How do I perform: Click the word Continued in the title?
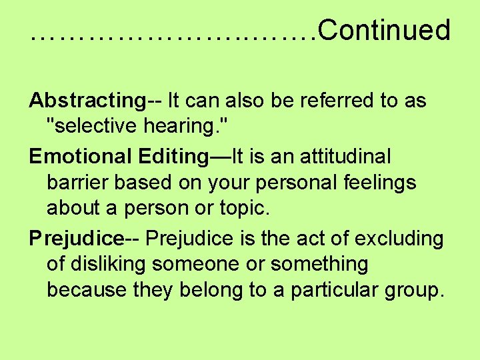coord(385,31)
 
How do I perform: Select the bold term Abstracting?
coord(87,101)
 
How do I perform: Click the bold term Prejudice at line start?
coord(76,238)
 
